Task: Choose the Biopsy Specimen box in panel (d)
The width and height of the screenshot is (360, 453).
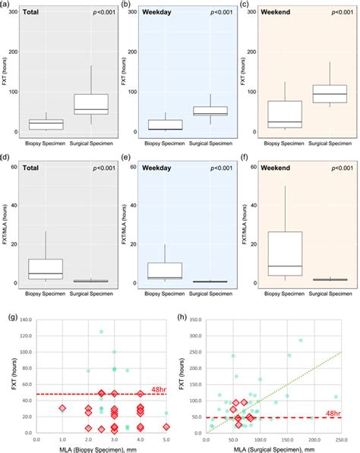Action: [x=46, y=269]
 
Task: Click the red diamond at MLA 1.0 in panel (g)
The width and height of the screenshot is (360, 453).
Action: [x=62, y=408]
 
